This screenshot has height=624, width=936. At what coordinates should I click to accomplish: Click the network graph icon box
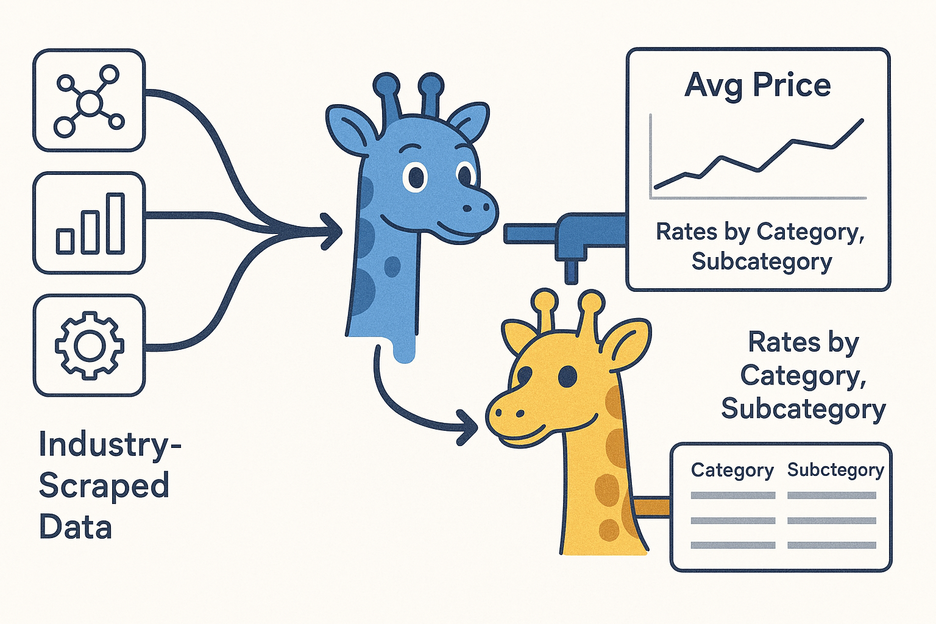click(x=89, y=101)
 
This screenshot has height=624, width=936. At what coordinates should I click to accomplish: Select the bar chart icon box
click(x=89, y=223)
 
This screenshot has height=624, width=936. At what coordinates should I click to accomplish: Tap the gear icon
click(x=89, y=346)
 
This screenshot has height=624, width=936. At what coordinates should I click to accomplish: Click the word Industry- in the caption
click(x=110, y=445)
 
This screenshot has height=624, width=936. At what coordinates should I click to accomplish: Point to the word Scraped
click(x=104, y=486)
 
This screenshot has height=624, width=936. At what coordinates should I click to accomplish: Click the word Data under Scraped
click(x=76, y=527)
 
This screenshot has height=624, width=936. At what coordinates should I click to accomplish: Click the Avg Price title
click(x=757, y=85)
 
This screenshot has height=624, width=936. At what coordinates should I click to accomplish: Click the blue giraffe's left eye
click(x=416, y=177)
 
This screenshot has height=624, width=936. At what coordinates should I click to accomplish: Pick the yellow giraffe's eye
click(x=567, y=376)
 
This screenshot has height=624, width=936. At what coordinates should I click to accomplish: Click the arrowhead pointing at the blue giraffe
click(x=331, y=231)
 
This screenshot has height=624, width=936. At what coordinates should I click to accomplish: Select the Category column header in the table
click(x=732, y=470)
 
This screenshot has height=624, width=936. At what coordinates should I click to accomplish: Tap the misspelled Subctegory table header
click(x=835, y=470)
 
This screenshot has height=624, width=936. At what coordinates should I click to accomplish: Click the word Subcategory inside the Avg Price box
click(x=762, y=261)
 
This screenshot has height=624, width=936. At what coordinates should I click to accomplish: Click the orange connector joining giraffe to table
click(x=652, y=506)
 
